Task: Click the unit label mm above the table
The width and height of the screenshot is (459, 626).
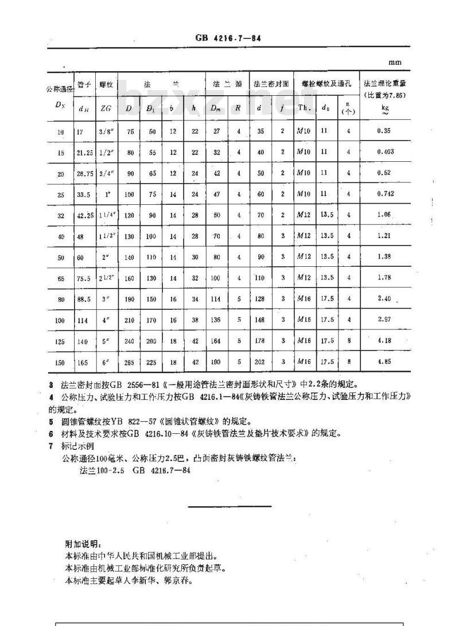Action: point(394,63)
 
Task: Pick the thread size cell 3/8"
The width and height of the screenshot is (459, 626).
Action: point(106,131)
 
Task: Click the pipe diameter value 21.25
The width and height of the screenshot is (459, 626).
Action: point(84,152)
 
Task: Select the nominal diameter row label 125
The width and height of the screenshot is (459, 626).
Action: point(60,341)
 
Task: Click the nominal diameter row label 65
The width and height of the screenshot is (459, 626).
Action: point(60,278)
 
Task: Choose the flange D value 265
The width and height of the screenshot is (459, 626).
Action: point(130,362)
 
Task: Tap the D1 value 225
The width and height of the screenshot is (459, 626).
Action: point(151,362)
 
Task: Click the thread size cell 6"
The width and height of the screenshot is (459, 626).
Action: point(106,362)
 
